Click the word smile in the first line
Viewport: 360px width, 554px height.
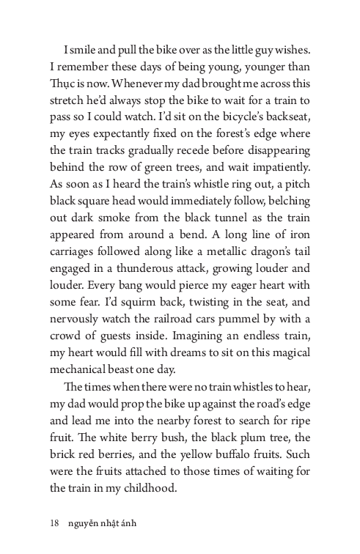pyautogui.click(x=89, y=50)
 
